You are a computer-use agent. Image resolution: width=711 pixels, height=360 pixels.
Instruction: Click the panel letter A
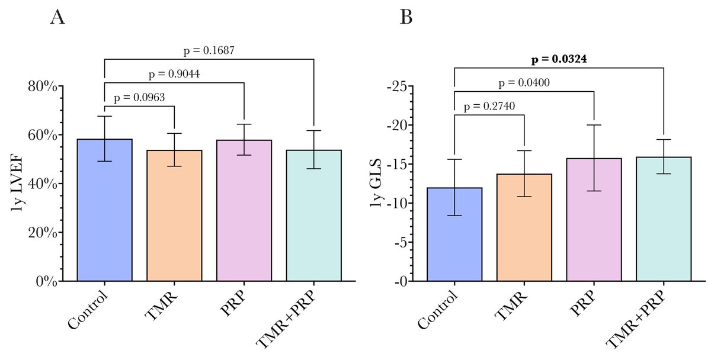coord(57,18)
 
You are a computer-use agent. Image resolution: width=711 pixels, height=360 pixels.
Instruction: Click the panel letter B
coord(406,18)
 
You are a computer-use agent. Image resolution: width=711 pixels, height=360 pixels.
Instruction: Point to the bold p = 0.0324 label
coord(559,59)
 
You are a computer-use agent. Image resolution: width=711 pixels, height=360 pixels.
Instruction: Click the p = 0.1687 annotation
coord(209,51)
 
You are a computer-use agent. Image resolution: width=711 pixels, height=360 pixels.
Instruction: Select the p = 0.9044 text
coord(174,75)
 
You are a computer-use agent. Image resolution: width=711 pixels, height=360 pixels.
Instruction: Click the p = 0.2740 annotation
coord(489,107)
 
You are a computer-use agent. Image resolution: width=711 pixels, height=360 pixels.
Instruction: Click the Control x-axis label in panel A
coord(88,310)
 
